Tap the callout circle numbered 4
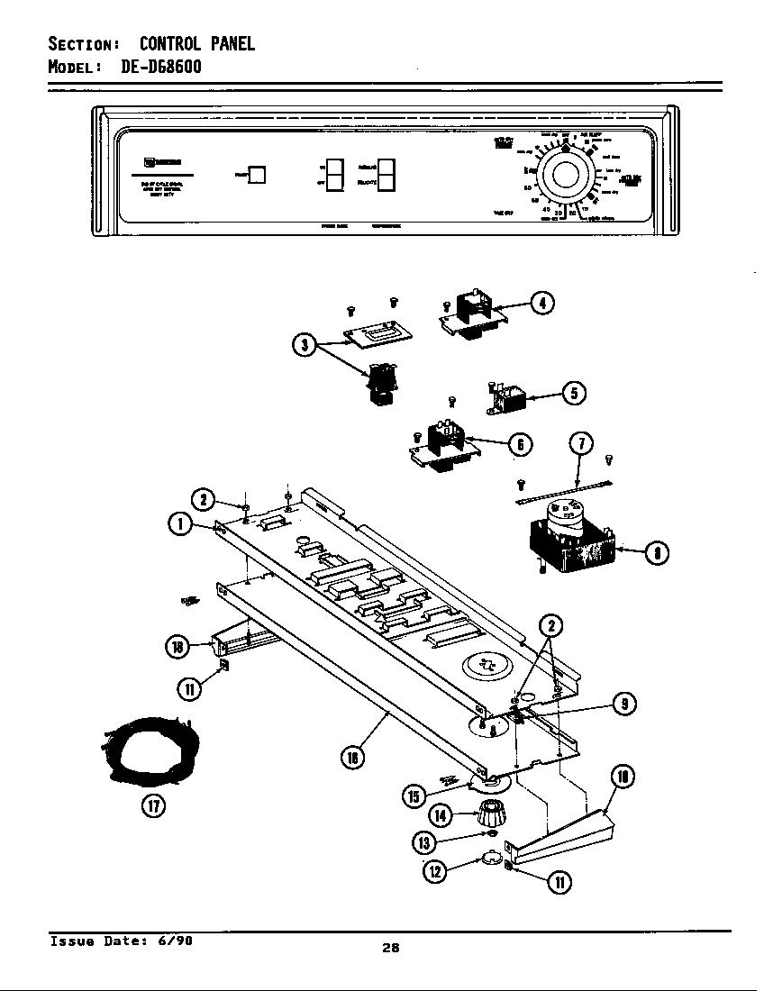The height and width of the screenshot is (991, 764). point(541,303)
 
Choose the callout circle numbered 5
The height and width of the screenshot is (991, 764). point(574,393)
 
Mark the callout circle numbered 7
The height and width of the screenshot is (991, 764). point(582,445)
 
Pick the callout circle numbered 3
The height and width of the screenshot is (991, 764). point(305,345)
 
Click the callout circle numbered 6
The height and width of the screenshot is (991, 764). point(519,443)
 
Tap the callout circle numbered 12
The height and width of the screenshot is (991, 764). point(436,870)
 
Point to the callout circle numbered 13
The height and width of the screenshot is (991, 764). point(424,841)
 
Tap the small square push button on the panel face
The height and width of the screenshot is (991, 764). point(256,175)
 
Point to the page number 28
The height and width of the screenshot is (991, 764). point(389,947)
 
